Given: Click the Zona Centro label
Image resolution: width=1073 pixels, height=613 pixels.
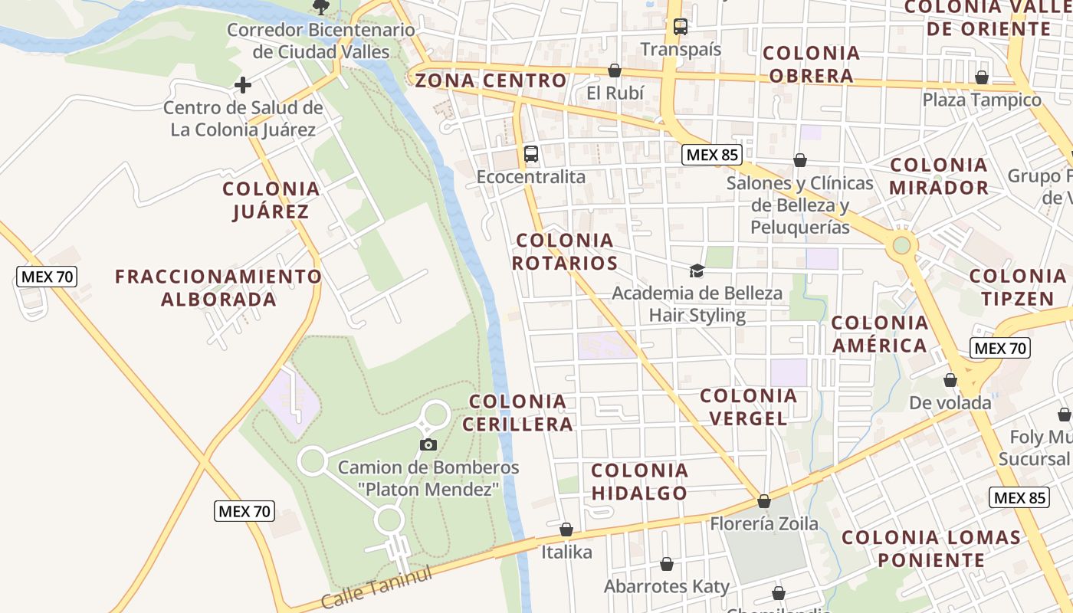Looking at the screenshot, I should (491, 80).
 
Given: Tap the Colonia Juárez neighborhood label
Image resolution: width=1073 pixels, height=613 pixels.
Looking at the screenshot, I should (271, 200).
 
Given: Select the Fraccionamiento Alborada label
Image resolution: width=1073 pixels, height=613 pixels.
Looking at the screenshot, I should (218, 287).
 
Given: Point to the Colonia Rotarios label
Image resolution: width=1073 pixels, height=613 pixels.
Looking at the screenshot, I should (565, 252).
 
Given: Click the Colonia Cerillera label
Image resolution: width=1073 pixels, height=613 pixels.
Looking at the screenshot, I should (520, 412).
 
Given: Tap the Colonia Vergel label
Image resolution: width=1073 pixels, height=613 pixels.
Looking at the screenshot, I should (749, 407).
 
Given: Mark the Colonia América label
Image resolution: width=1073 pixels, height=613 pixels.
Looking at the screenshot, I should (880, 334).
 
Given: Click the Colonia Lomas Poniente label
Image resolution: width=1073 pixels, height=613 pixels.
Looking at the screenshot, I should (931, 549).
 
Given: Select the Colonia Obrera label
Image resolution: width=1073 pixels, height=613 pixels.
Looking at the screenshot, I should (812, 64).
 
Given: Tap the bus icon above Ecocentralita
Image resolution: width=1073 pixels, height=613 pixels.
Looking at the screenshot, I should (531, 154).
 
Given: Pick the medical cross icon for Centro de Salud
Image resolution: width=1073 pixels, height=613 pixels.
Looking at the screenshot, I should (243, 85).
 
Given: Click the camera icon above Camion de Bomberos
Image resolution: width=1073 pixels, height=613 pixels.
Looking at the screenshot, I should (428, 444).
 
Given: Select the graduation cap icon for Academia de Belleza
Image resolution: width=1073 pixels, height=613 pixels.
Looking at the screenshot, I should (697, 270).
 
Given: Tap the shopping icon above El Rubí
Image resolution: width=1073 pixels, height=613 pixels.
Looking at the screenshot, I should (614, 71).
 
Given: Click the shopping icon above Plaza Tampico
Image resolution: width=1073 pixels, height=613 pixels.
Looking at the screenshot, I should (982, 77).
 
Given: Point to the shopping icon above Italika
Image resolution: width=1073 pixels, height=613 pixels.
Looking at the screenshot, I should (566, 529).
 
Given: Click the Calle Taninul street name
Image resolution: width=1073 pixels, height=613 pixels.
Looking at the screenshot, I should (377, 587).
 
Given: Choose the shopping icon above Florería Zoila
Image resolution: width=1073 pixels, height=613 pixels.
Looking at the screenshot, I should (764, 502).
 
